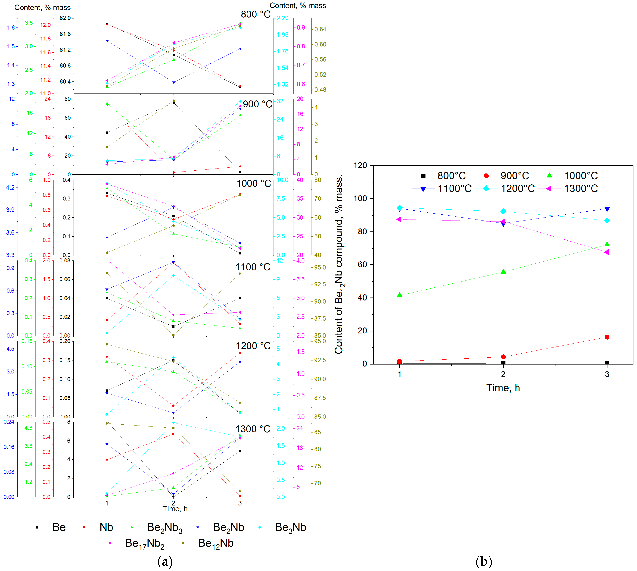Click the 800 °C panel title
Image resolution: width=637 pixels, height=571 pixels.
(x=255, y=14)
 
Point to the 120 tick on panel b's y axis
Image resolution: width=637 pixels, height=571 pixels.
(x=360, y=165)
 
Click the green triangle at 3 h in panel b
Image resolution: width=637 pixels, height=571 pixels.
(x=607, y=244)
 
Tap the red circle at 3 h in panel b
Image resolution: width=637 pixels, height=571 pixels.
(x=607, y=337)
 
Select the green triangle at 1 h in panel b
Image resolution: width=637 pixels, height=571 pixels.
(x=399, y=295)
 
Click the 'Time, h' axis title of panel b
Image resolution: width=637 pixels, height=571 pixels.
(x=503, y=388)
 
